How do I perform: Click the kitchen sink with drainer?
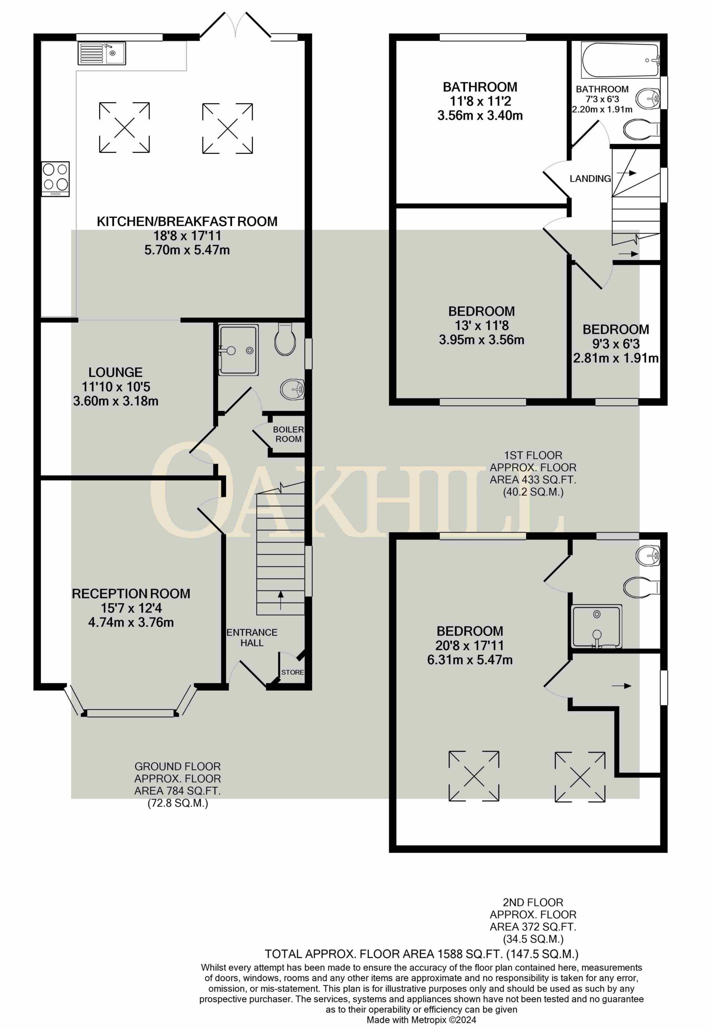point(102,53)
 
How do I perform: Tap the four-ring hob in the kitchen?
point(56,179)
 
